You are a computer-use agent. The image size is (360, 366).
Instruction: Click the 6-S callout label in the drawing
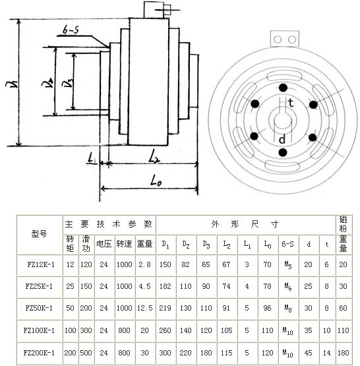pos(71,30)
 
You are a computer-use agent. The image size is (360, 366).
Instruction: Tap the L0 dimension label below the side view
pos(156,181)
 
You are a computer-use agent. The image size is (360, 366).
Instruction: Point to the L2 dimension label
pos(154,156)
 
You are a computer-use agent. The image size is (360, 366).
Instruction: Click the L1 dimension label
pos(92,159)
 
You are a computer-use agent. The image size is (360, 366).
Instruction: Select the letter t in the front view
pos(291,103)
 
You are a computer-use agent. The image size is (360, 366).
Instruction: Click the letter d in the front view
pos(282,139)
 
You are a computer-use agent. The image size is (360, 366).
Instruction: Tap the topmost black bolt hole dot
pos(283,88)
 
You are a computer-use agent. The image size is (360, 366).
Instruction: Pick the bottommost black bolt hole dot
pos(283,152)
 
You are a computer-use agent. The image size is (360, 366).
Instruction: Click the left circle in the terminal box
pos(278,40)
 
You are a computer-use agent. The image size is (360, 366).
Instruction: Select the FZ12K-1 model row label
pos(41,264)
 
